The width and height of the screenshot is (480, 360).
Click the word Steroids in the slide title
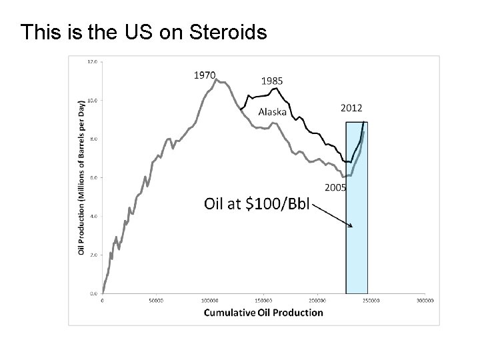click(x=229, y=32)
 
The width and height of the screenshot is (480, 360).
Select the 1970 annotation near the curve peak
click(x=204, y=75)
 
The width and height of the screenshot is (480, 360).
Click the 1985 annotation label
click(x=271, y=81)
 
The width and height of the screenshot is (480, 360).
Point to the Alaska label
click(x=273, y=111)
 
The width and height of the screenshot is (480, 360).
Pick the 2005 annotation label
click(x=335, y=187)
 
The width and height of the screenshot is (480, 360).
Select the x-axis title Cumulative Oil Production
click(x=263, y=312)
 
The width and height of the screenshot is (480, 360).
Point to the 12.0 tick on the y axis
click(x=93, y=61)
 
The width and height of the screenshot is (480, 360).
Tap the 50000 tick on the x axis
click(x=155, y=301)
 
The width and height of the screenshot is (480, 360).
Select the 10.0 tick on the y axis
click(x=93, y=100)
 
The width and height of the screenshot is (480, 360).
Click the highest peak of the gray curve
click(x=217, y=79)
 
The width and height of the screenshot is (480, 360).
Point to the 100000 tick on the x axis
click(x=209, y=301)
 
